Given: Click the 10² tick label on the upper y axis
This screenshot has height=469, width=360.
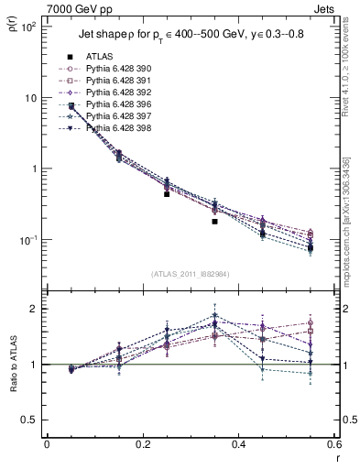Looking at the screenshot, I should point(27,27).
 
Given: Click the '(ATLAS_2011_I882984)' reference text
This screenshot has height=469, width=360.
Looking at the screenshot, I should point(191,273).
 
